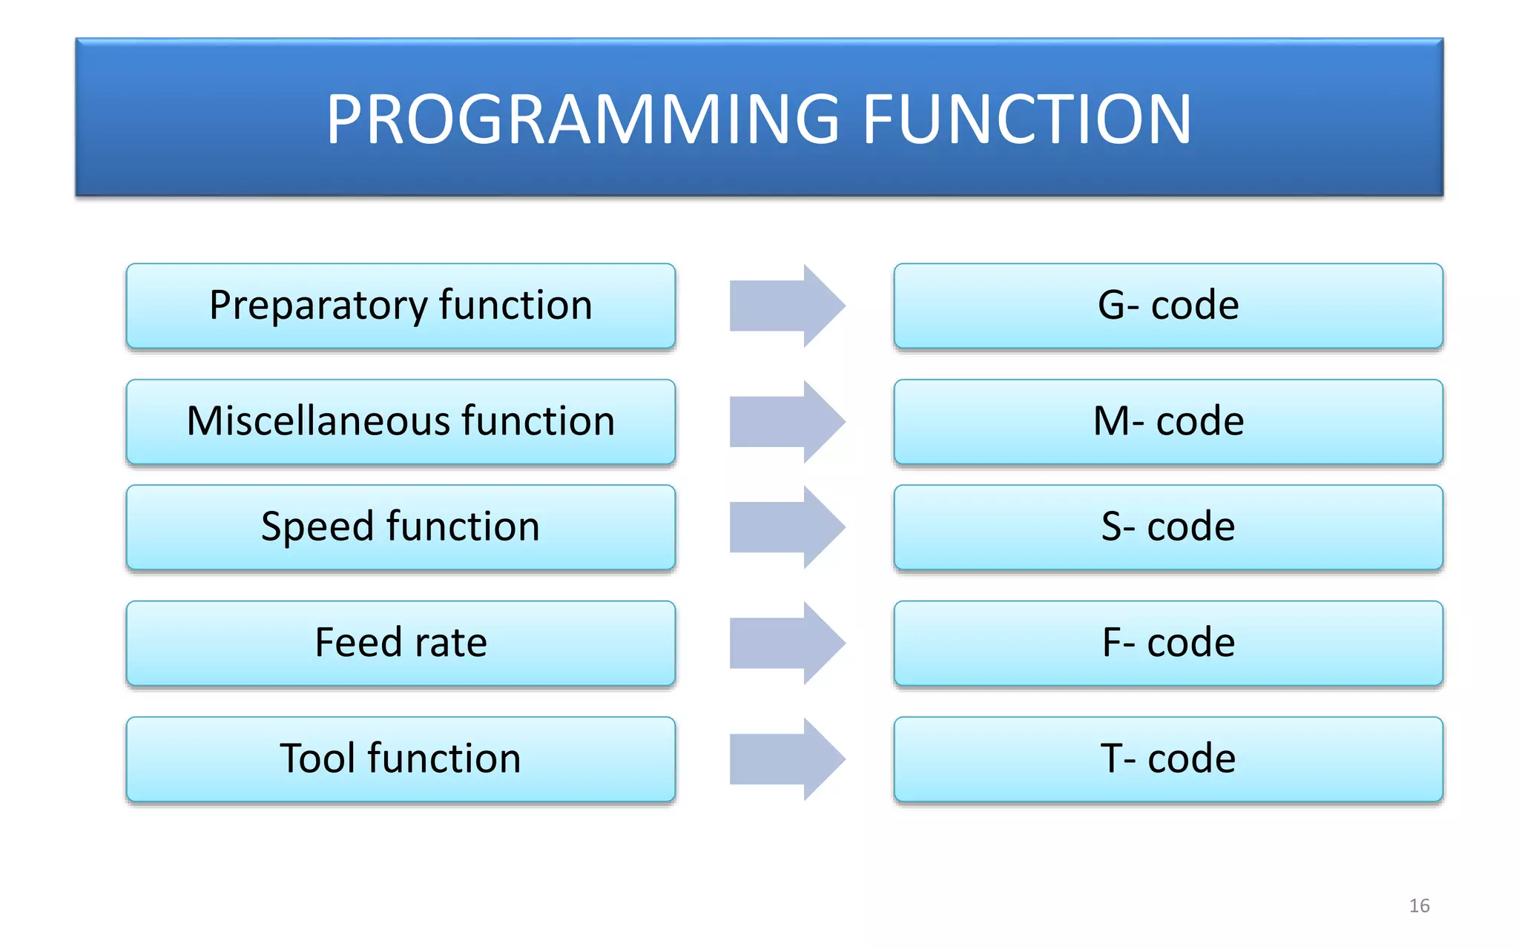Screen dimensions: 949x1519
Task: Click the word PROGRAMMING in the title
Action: pyautogui.click(x=582, y=119)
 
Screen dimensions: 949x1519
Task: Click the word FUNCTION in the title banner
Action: pyautogui.click(x=1027, y=119)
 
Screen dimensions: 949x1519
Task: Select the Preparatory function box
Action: pyautogui.click(x=401, y=305)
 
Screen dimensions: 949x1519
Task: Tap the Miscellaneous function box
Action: pyautogui.click(x=401, y=422)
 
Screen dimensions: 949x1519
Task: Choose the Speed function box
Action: pyautogui.click(x=401, y=527)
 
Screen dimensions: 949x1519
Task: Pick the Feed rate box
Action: pyautogui.click(x=401, y=643)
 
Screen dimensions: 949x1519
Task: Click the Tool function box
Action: pyautogui.click(x=401, y=758)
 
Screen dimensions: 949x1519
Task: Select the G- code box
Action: pyautogui.click(x=1168, y=305)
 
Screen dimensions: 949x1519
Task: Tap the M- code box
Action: pyautogui.click(x=1168, y=422)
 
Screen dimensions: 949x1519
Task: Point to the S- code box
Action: pyautogui.click(x=1168, y=527)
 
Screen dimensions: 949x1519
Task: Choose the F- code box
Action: pyautogui.click(x=1168, y=643)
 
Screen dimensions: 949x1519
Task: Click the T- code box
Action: pyautogui.click(x=1168, y=758)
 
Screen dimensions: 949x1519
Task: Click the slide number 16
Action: pyautogui.click(x=1419, y=905)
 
